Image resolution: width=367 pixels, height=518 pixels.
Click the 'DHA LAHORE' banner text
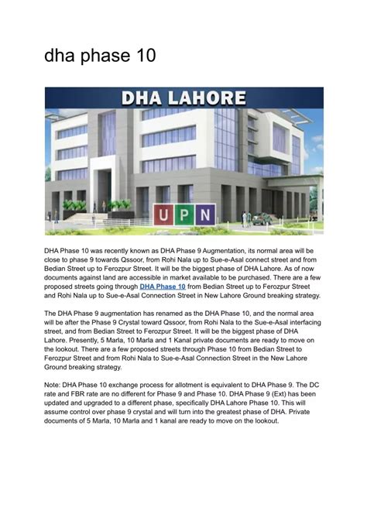click(183, 98)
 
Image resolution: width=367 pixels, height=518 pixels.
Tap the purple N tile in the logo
click(204, 214)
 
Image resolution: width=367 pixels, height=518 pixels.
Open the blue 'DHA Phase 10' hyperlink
click(163, 286)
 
